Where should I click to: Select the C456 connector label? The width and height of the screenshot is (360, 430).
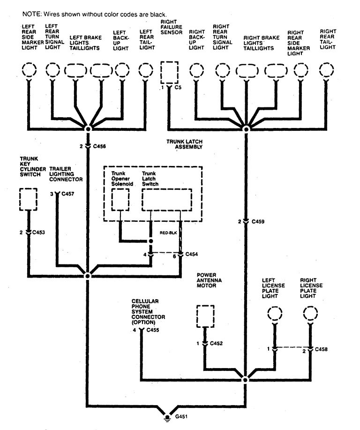[x=99, y=146]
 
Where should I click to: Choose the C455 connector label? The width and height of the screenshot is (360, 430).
[x=154, y=330]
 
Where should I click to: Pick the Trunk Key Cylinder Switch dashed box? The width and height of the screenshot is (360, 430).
[x=29, y=199]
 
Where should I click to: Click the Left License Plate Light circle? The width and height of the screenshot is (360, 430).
[x=275, y=314]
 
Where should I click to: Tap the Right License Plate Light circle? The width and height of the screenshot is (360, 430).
[x=310, y=314]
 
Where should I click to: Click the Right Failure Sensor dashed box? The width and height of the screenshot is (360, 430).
[x=169, y=71]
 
